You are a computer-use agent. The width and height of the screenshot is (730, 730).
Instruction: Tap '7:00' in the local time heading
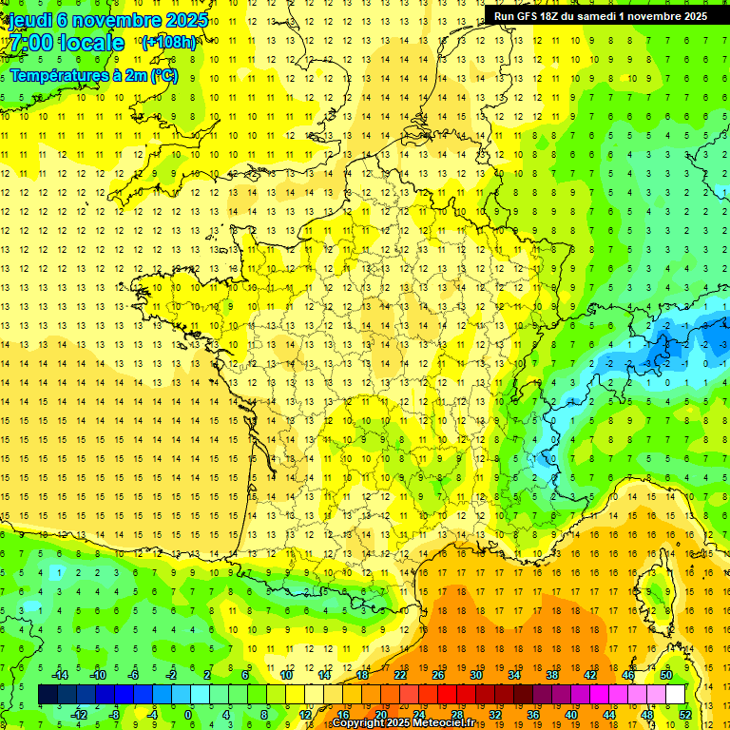coord(29,43)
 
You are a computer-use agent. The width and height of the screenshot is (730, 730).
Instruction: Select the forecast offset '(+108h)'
coord(168,43)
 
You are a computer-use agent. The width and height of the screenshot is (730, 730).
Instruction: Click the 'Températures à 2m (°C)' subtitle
coord(92,75)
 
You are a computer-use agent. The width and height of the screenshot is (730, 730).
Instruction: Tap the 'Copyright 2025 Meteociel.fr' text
coord(403,723)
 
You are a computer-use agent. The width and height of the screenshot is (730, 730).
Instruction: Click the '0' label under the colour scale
coord(187,714)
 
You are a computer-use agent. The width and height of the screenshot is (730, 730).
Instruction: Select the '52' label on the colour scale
coord(684,714)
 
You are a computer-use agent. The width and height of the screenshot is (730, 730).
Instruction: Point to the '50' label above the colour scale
coord(665,675)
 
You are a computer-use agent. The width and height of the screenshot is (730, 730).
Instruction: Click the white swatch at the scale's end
coord(675,695)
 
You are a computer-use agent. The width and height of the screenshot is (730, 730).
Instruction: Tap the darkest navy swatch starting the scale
coord(48,695)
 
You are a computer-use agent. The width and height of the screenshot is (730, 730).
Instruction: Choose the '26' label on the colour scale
coord(437,675)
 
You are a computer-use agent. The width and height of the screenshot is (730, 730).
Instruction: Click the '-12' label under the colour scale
coord(82,714)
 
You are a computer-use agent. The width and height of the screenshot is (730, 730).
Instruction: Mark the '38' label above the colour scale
coord(551,675)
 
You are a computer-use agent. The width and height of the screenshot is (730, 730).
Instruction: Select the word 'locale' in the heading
coord(91,43)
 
